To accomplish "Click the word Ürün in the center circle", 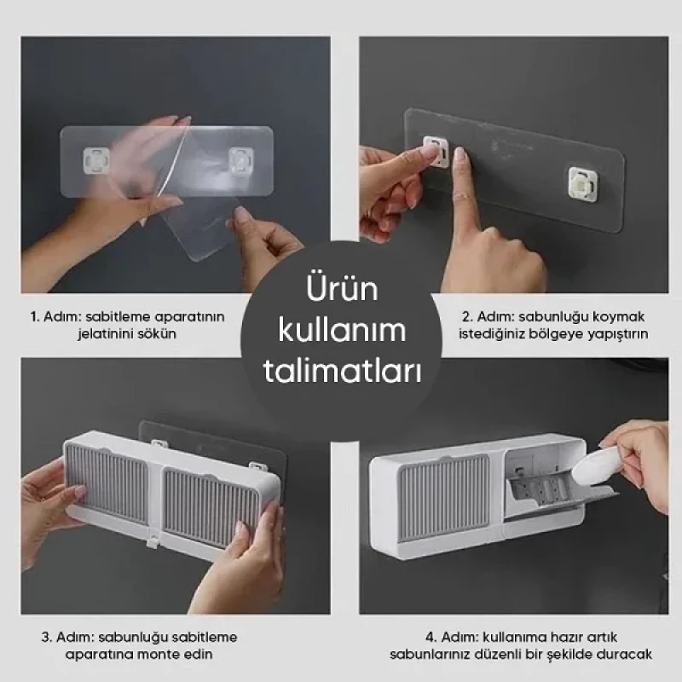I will [x=341, y=291].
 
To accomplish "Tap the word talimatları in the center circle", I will [x=341, y=373].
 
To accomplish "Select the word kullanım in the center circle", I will [x=341, y=332].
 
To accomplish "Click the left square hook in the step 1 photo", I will [x=95, y=158].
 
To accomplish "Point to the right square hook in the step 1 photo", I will [x=241, y=159].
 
